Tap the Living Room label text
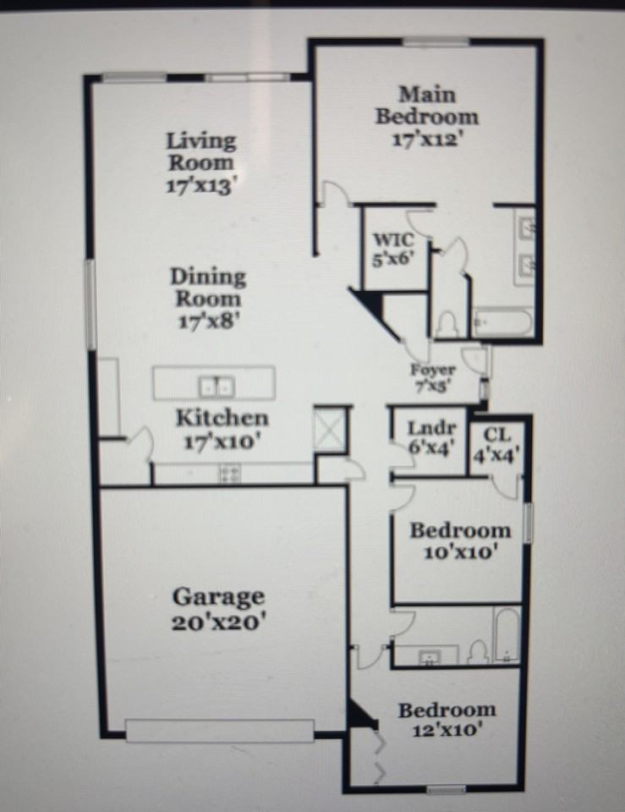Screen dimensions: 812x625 (x=200, y=151)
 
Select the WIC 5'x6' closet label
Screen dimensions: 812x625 (x=395, y=250)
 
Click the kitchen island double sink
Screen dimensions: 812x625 (x=216, y=387)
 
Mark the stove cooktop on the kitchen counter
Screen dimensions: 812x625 (x=229, y=474)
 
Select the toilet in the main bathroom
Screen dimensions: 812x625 (x=447, y=324)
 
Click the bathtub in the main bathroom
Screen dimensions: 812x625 (x=502, y=322)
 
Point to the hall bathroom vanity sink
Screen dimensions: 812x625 (x=425, y=656)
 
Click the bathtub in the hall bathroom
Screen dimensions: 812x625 (x=507, y=634)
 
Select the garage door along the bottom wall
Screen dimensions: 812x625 (x=220, y=730)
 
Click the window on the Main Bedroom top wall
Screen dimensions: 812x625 (x=435, y=42)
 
